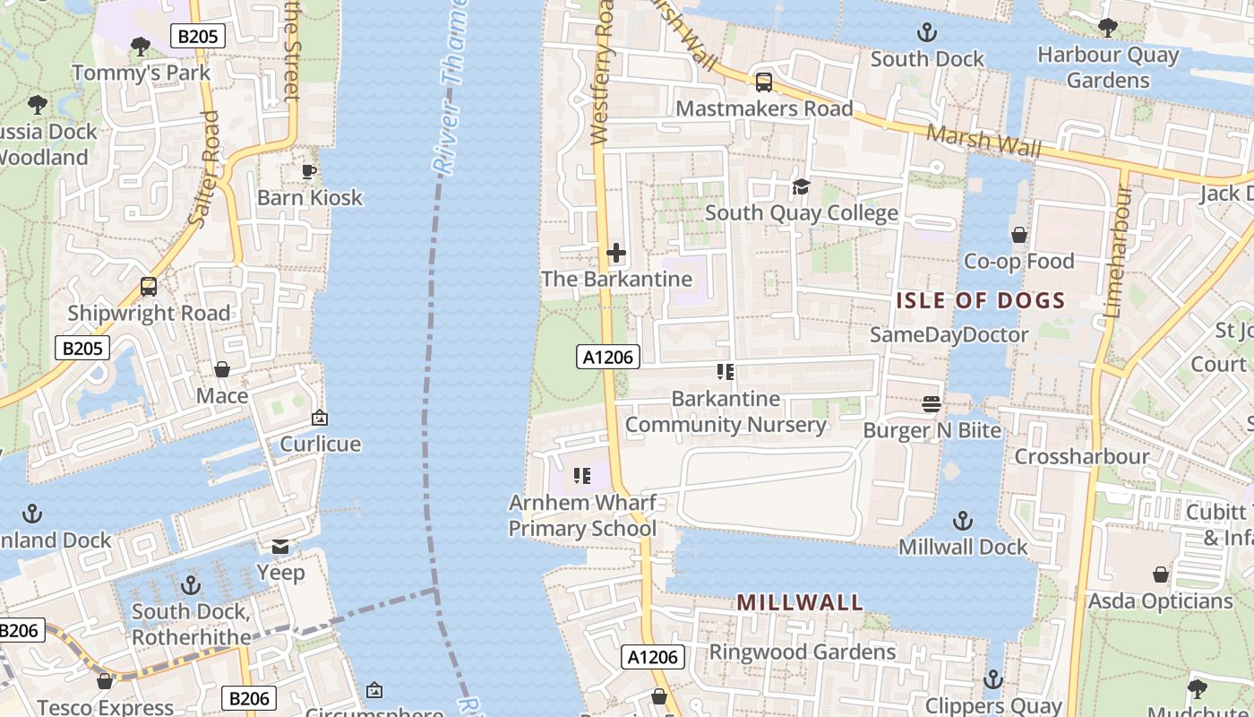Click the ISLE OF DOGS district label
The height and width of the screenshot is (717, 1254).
tap(980, 300)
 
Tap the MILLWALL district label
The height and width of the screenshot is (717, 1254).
tap(800, 602)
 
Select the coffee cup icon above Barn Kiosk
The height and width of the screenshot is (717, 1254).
tap(309, 171)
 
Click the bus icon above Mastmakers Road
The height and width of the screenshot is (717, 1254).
tap(763, 82)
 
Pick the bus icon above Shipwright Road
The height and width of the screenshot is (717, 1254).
tap(149, 287)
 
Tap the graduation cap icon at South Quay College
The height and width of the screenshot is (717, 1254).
tap(801, 186)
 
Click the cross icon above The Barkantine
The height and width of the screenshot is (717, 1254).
tap(616, 253)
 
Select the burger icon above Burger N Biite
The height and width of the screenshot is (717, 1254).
tap(932, 404)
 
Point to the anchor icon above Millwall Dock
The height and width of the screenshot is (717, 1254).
tap(962, 521)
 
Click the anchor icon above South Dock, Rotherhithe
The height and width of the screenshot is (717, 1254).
tap(190, 586)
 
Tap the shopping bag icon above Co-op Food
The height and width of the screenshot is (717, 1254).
tap(1018, 235)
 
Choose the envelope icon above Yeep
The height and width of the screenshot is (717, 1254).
tap(280, 547)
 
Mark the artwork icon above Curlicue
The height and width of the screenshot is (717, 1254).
tap(320, 418)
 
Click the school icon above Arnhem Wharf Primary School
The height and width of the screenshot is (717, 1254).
tap(582, 476)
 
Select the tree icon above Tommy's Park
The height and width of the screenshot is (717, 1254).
tap(140, 46)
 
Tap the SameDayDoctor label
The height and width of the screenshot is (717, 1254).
tap(949, 335)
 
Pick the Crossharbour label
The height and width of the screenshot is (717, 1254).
tap(1081, 456)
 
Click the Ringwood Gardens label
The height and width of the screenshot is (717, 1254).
tap(802, 652)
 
